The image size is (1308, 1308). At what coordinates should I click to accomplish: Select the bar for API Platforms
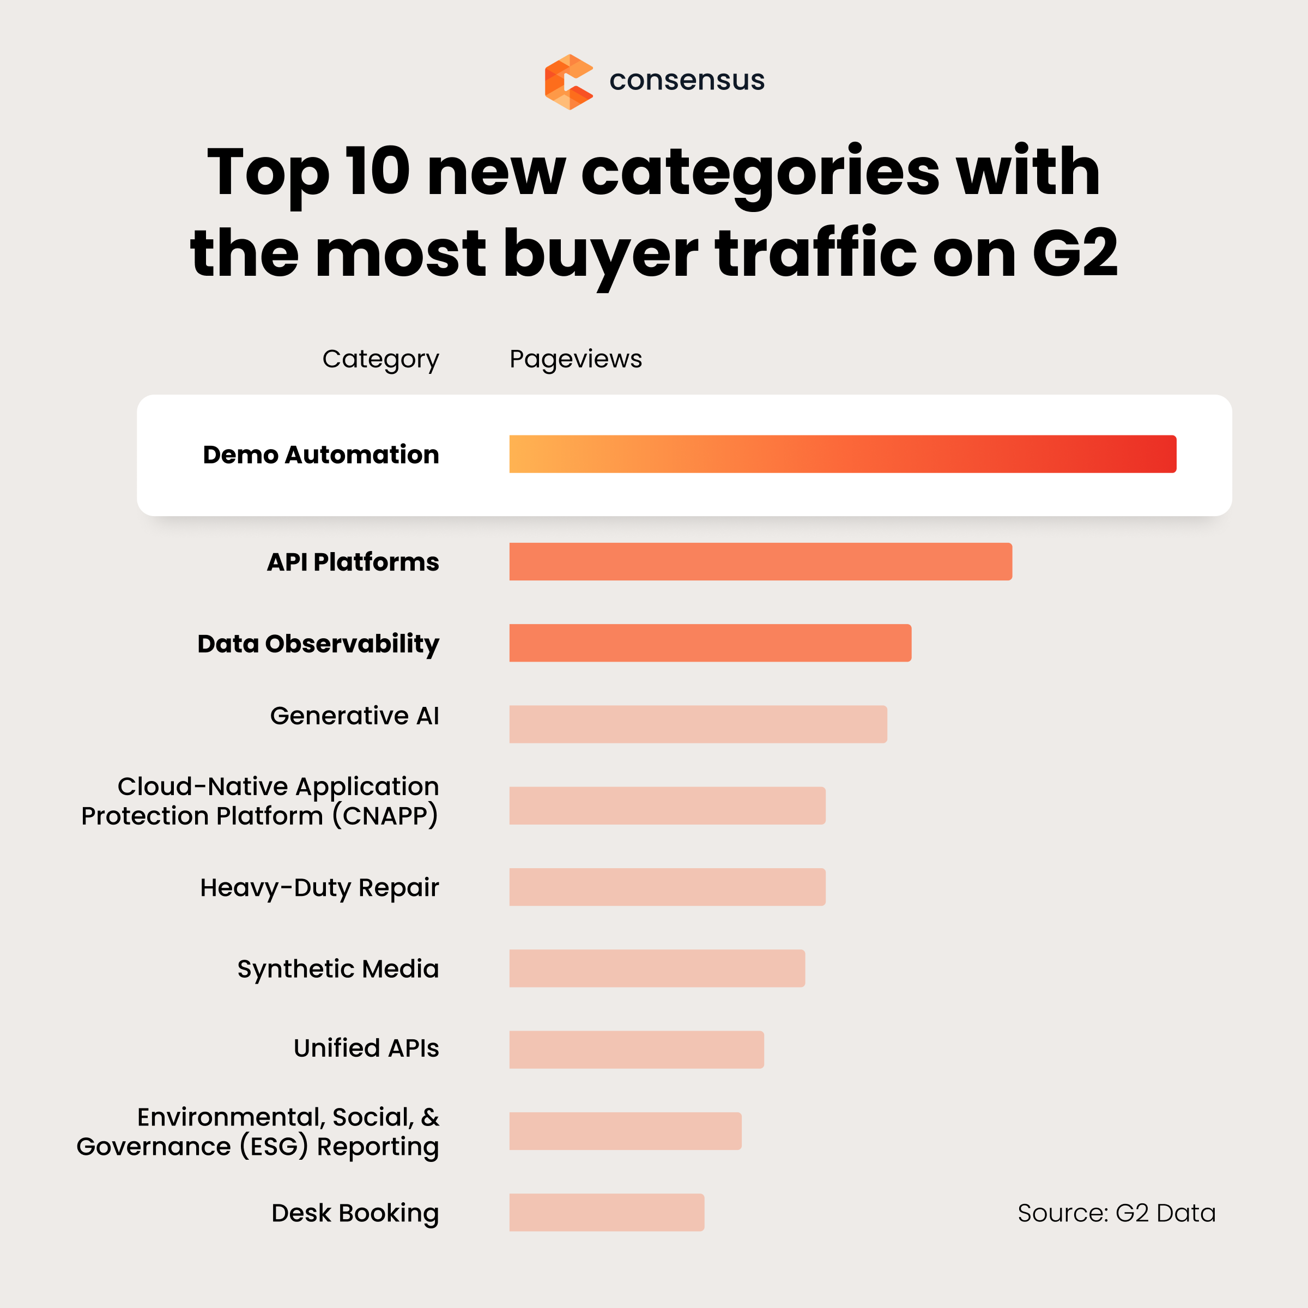tap(760, 561)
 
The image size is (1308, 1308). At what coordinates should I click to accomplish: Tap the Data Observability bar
tap(710, 643)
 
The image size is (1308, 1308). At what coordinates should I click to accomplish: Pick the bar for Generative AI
tap(698, 724)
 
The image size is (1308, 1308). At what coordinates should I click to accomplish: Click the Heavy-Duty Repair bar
tap(667, 887)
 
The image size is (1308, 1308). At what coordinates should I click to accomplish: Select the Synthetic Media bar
tap(657, 968)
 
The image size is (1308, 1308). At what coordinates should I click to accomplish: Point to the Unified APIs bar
tap(637, 1049)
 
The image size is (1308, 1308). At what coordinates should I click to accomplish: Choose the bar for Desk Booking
tap(607, 1212)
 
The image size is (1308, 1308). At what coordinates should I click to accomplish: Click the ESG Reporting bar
tap(625, 1131)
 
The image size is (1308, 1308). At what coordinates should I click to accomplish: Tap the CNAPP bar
tap(667, 805)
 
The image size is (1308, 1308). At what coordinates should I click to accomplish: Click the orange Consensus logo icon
tap(568, 82)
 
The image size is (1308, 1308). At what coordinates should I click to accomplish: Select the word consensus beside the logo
tap(687, 81)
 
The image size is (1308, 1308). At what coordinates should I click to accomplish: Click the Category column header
tap(380, 359)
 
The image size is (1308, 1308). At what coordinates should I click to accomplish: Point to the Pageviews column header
tap(576, 359)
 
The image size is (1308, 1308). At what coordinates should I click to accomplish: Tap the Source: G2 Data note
tap(1116, 1213)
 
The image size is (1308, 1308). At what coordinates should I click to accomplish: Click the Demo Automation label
tap(321, 455)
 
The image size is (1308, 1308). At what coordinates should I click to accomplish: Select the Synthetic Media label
tap(338, 969)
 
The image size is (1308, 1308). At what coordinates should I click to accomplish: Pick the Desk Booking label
tap(355, 1213)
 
